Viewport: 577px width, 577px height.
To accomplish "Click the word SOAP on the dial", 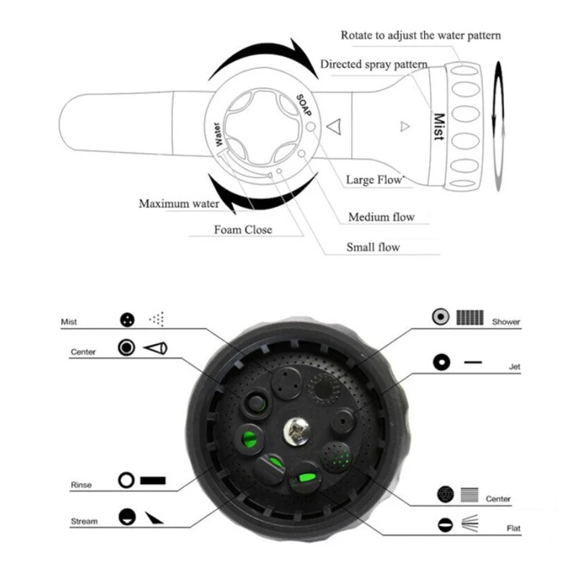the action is coord(304,105).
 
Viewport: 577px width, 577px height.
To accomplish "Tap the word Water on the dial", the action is coord(218,134).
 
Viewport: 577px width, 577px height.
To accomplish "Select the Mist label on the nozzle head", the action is coord(439,127).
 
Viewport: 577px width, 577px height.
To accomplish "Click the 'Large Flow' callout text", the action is coord(374,180).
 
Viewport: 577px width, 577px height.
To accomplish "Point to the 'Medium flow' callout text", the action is coord(382,217).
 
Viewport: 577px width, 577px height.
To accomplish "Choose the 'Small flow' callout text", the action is coord(373,247).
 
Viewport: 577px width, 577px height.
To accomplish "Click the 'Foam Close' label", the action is coord(243,229).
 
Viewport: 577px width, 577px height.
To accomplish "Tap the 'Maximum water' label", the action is coord(179,203).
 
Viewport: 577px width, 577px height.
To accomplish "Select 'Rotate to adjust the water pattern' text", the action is coord(420,35).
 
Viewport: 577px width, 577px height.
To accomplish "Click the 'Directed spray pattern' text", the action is coord(374,64).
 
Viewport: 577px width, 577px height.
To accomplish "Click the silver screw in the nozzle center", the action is coord(296,430).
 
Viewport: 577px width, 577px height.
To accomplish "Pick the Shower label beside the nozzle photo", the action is coord(506,322).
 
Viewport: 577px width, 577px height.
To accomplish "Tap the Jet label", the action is coord(514,366).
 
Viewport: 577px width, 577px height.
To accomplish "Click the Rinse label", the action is coord(81,485).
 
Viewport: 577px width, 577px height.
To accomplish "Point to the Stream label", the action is coord(84,521).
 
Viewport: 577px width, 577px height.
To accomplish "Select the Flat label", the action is coord(514,529).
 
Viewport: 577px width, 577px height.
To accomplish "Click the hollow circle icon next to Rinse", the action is coord(126,480).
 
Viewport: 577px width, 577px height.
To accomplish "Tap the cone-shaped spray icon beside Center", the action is coord(155,348).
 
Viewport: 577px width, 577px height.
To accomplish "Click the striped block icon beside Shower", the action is coord(470,317).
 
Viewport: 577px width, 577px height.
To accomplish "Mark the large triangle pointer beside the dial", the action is coord(334,127).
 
